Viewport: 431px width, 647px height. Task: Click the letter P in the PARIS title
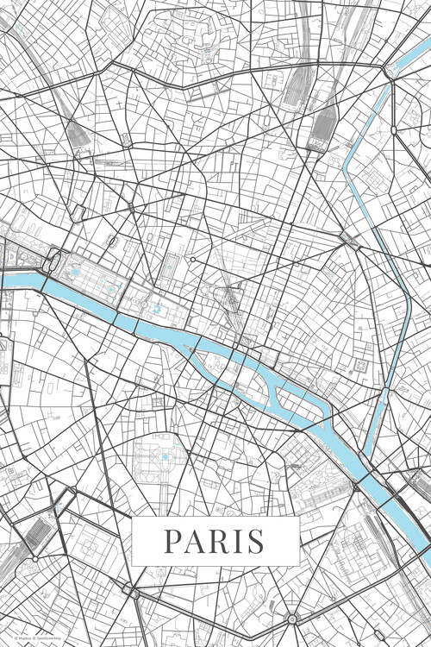pyautogui.click(x=172, y=541)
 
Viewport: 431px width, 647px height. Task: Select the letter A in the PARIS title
pyautogui.click(x=195, y=541)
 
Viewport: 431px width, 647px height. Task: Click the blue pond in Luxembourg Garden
pyautogui.click(x=165, y=455)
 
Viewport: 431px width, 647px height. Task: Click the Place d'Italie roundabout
pyautogui.click(x=293, y=619)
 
